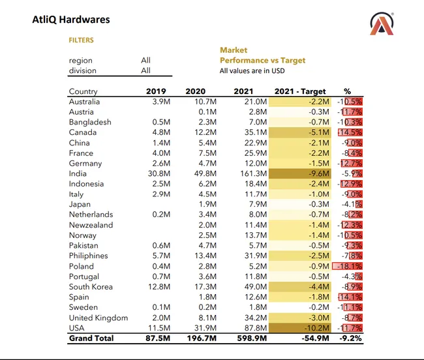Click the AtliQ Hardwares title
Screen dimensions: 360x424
tap(71, 20)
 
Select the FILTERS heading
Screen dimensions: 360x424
tap(82, 40)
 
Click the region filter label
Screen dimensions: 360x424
tap(81, 61)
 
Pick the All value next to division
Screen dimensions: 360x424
tap(145, 70)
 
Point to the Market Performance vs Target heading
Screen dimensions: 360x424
tap(262, 55)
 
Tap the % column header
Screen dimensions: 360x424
tap(347, 91)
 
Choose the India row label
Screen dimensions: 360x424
tap(78, 173)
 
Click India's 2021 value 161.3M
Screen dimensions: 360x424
tap(252, 173)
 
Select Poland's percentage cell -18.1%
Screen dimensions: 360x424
tap(348, 266)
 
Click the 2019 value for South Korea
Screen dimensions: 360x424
tap(159, 287)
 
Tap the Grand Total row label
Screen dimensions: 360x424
tap(91, 338)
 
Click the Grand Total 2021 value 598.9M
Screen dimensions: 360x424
tap(250, 338)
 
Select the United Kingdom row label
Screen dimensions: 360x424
tap(98, 318)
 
